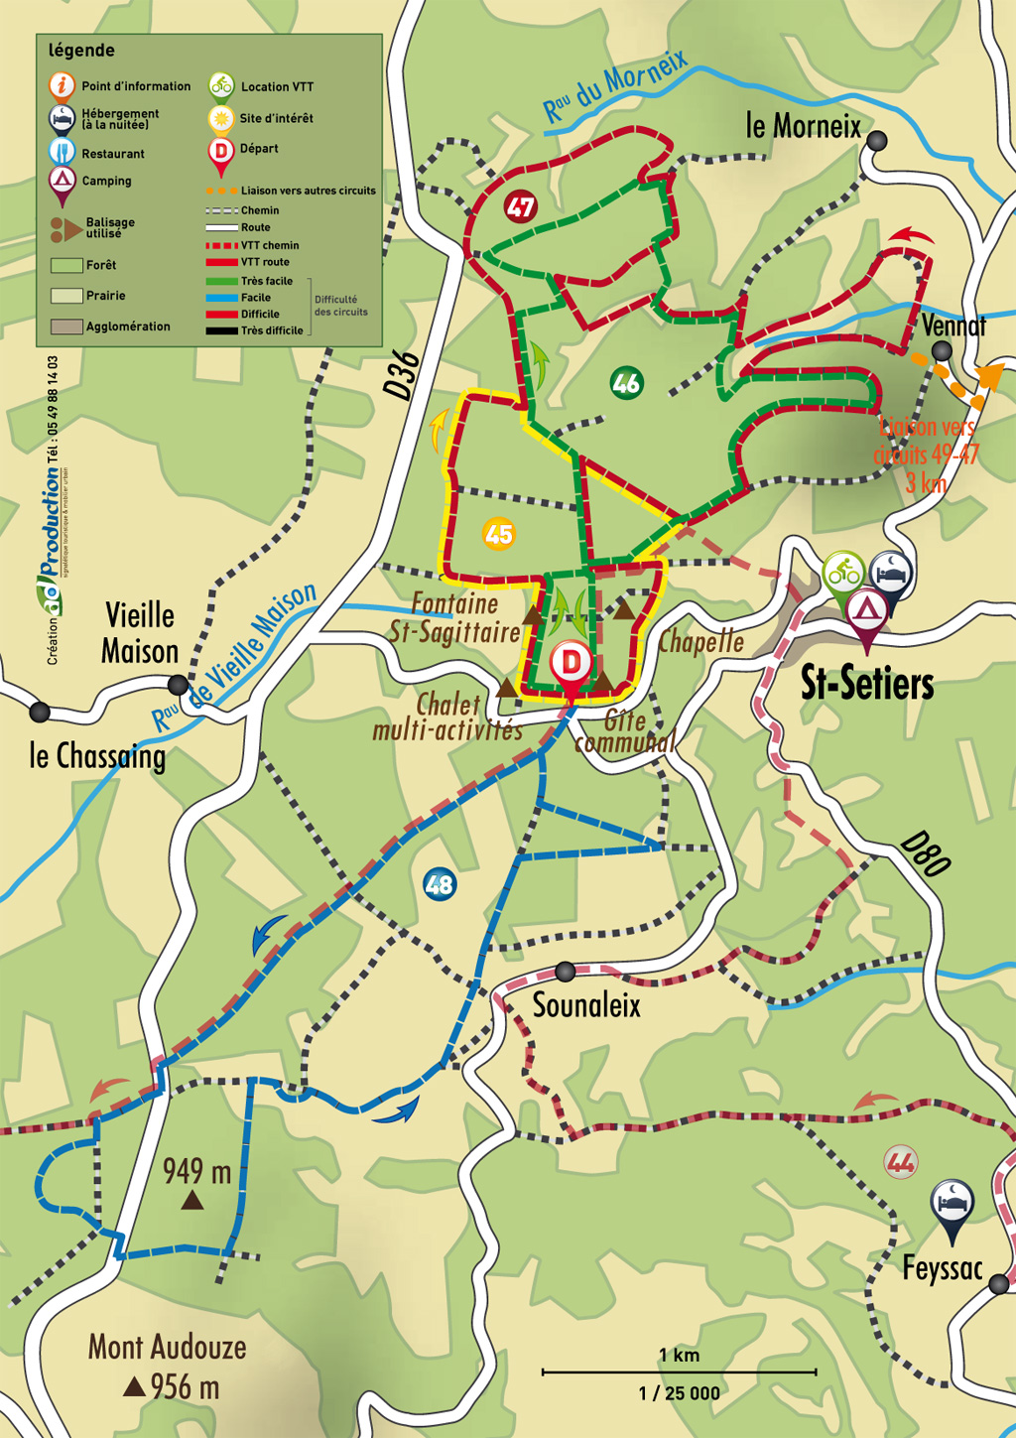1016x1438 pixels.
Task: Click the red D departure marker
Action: click(571, 663)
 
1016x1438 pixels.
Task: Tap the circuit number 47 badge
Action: click(520, 207)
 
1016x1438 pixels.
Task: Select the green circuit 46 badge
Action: click(626, 383)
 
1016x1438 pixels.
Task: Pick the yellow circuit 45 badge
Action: click(498, 534)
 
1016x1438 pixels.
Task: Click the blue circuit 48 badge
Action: click(439, 883)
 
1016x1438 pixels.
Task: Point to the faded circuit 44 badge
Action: click(901, 1160)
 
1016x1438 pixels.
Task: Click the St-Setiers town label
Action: click(867, 684)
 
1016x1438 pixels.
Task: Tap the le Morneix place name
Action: click(803, 127)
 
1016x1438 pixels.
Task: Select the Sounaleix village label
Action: click(586, 1005)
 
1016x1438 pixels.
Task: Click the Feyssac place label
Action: click(942, 1268)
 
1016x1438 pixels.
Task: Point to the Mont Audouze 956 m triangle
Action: click(134, 1386)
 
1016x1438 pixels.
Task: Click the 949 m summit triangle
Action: click(192, 1201)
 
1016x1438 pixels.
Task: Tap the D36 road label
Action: click(402, 375)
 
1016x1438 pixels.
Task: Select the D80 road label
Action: click(926, 855)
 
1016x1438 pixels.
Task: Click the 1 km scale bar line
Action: click(679, 1373)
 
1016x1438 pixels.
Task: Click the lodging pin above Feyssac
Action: click(952, 1203)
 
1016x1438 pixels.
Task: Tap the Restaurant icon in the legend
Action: click(62, 152)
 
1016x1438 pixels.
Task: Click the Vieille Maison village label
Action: click(140, 633)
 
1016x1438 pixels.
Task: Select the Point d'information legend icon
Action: click(62, 85)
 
